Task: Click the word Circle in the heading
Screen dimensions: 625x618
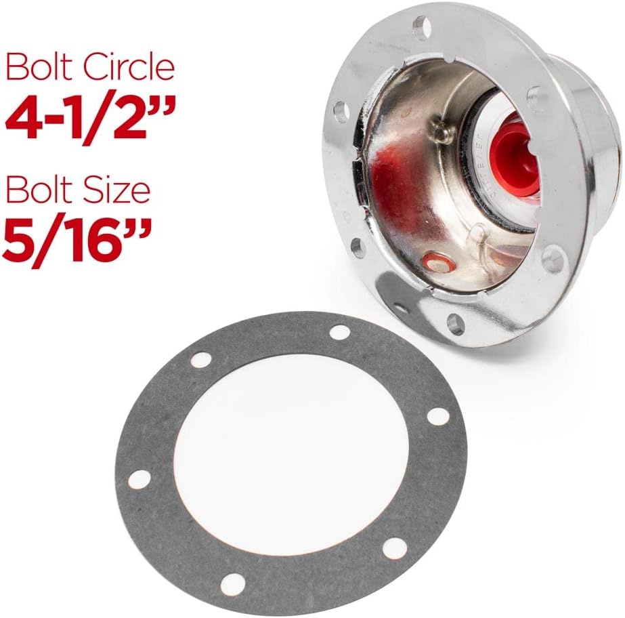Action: (x=129, y=68)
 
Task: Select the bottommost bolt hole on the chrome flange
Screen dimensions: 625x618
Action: (x=456, y=323)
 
